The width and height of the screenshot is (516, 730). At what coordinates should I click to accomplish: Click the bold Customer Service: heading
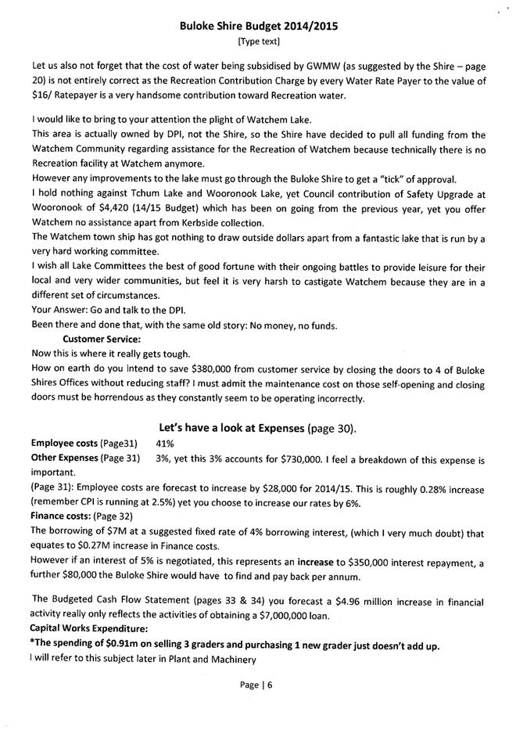[x=101, y=339]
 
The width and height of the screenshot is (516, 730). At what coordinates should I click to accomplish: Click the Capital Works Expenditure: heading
[x=86, y=630]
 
